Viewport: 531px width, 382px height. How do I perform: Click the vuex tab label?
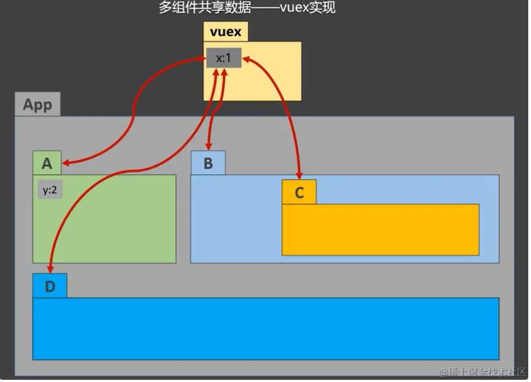pos(226,32)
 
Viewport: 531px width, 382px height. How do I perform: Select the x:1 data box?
pos(223,58)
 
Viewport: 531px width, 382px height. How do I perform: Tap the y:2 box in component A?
pos(49,190)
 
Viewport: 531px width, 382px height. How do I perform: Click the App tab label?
pos(37,105)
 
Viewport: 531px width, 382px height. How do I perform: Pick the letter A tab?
pos(47,163)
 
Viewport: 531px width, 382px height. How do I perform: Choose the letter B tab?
pos(208,163)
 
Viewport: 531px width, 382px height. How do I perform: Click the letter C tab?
pos(299,192)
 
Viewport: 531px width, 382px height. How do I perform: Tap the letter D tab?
pos(50,286)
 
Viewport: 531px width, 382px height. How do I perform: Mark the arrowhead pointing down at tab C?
pos(299,175)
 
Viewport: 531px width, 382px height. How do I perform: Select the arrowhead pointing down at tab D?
pos(50,268)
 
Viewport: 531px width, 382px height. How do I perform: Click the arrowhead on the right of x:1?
pos(246,58)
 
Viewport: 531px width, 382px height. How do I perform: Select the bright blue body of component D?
pos(265,329)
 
